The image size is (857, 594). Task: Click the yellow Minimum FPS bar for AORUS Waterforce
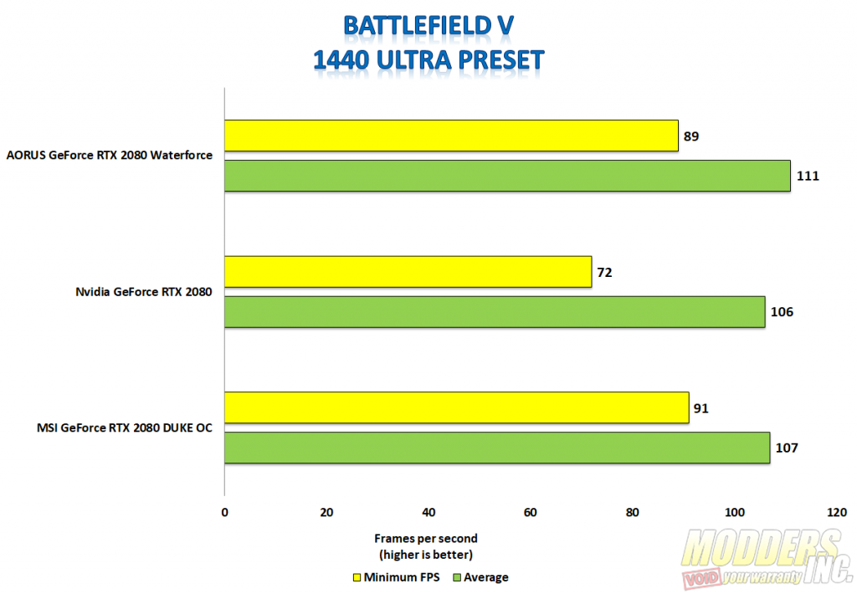(x=451, y=136)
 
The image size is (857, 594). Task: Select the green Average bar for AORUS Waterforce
(x=507, y=176)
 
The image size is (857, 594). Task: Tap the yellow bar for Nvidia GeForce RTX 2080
(x=408, y=272)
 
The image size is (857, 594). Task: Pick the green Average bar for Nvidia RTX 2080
(x=495, y=312)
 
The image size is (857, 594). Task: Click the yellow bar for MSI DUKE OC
(x=456, y=407)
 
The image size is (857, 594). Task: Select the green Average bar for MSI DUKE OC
(x=497, y=448)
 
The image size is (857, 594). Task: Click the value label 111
(x=808, y=176)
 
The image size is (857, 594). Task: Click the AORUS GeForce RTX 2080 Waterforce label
(x=110, y=155)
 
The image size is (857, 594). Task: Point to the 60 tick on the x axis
(x=531, y=512)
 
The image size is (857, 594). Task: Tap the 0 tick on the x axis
(x=224, y=512)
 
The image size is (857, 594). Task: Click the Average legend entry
(x=482, y=577)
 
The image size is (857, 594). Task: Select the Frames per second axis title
(x=425, y=538)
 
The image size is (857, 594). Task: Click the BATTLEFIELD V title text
(x=428, y=26)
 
